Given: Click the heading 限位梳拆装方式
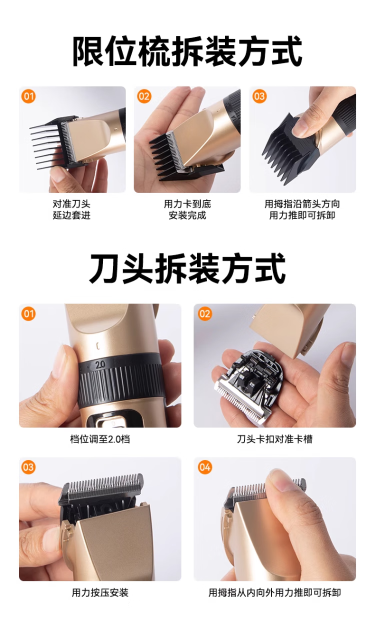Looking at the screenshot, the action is point(187,51).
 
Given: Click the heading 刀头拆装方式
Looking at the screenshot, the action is point(187,268).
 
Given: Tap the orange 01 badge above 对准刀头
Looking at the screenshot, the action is point(28,96).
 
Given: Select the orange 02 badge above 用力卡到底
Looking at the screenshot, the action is point(144,96).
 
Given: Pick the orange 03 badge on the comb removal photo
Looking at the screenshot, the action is point(259,96).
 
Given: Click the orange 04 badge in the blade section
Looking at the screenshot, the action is point(205,467).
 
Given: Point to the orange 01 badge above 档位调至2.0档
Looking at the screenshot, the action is point(28,314).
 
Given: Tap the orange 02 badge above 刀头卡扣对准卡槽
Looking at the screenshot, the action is point(205,314).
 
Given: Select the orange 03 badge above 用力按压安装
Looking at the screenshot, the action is point(28,467).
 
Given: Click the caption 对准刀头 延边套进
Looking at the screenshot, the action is point(71,209).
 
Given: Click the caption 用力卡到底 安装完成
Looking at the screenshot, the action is point(187,209).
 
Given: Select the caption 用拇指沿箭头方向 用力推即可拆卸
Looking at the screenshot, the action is point(302,209).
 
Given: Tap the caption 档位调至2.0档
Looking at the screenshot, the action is point(100,439).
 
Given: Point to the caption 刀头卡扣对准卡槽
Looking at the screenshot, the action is point(274,439).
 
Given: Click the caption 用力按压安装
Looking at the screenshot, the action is point(100,592).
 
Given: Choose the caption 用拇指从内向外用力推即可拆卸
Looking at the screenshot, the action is point(274,592).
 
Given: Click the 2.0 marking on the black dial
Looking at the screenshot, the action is point(100,364).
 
